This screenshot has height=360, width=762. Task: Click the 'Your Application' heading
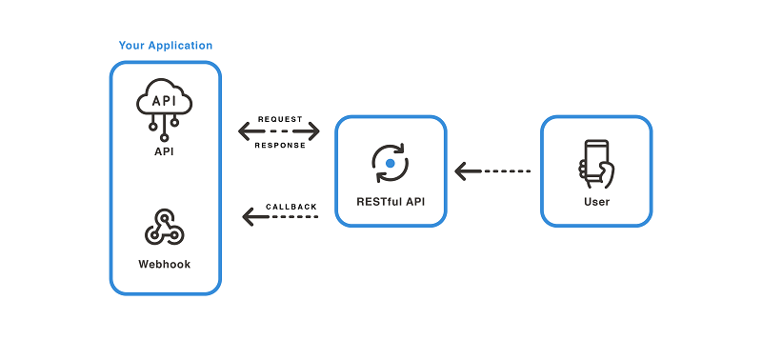tap(166, 46)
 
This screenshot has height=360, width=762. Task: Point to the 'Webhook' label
tap(164, 263)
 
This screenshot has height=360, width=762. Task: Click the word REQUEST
tap(280, 119)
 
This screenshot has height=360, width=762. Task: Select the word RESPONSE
tap(280, 145)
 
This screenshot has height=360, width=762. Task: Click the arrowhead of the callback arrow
tap(249, 218)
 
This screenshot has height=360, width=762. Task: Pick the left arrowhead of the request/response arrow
tap(245, 131)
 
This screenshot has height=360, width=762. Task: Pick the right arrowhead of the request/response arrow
tap(313, 131)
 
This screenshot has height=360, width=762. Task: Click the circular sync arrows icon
tap(390, 164)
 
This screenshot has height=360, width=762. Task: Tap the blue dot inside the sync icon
tap(390, 164)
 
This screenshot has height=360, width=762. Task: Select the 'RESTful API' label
tap(391, 202)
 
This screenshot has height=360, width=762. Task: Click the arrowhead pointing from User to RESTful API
tap(462, 171)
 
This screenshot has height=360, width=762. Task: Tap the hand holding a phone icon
tap(596, 162)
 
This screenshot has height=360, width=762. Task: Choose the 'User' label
tap(596, 202)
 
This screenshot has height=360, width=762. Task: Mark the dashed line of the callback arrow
tap(291, 218)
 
